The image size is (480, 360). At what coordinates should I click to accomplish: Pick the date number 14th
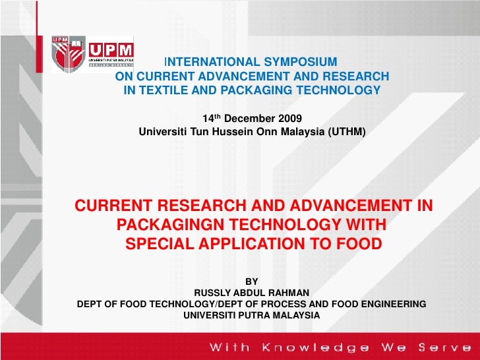[x=211, y=119]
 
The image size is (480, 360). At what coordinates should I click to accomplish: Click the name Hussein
[x=217, y=132]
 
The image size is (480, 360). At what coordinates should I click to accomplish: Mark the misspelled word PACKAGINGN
[x=174, y=225]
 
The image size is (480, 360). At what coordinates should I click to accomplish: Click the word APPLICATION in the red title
[x=255, y=244]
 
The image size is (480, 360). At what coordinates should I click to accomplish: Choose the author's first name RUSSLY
[x=213, y=293]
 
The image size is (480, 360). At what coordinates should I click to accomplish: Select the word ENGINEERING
[x=389, y=304]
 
